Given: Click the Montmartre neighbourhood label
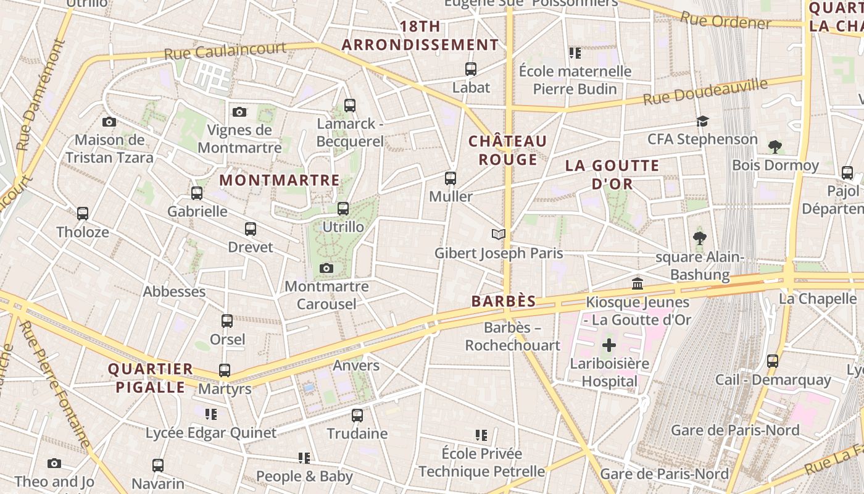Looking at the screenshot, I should coord(280,180).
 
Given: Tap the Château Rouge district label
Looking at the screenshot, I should coord(508,150).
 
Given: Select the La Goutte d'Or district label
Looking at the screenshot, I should coord(612,174).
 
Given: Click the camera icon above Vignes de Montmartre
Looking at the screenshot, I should coord(239,112).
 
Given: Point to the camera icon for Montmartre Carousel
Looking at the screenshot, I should coord(326,268).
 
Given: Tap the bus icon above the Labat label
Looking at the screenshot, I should coord(471,69).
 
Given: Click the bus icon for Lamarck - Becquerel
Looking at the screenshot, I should coord(350,106).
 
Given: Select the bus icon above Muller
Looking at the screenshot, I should coord(451,178).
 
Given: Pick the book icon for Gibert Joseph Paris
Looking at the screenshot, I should coord(499,234).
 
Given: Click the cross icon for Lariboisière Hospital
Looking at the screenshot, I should coord(609,345).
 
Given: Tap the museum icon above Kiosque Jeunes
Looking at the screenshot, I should coord(638,283).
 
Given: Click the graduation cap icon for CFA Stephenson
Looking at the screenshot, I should coord(702,121).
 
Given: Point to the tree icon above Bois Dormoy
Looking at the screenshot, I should coord(775,147).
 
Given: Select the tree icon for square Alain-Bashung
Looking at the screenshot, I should coord(700,238).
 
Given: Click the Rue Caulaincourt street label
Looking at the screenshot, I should coord(225,51).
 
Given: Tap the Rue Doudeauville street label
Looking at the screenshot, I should coord(705,91).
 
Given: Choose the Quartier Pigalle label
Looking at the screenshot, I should coord(151,378).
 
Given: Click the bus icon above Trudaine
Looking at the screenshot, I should coord(357,416).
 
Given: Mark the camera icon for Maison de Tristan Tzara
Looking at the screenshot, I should coord(109,122).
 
